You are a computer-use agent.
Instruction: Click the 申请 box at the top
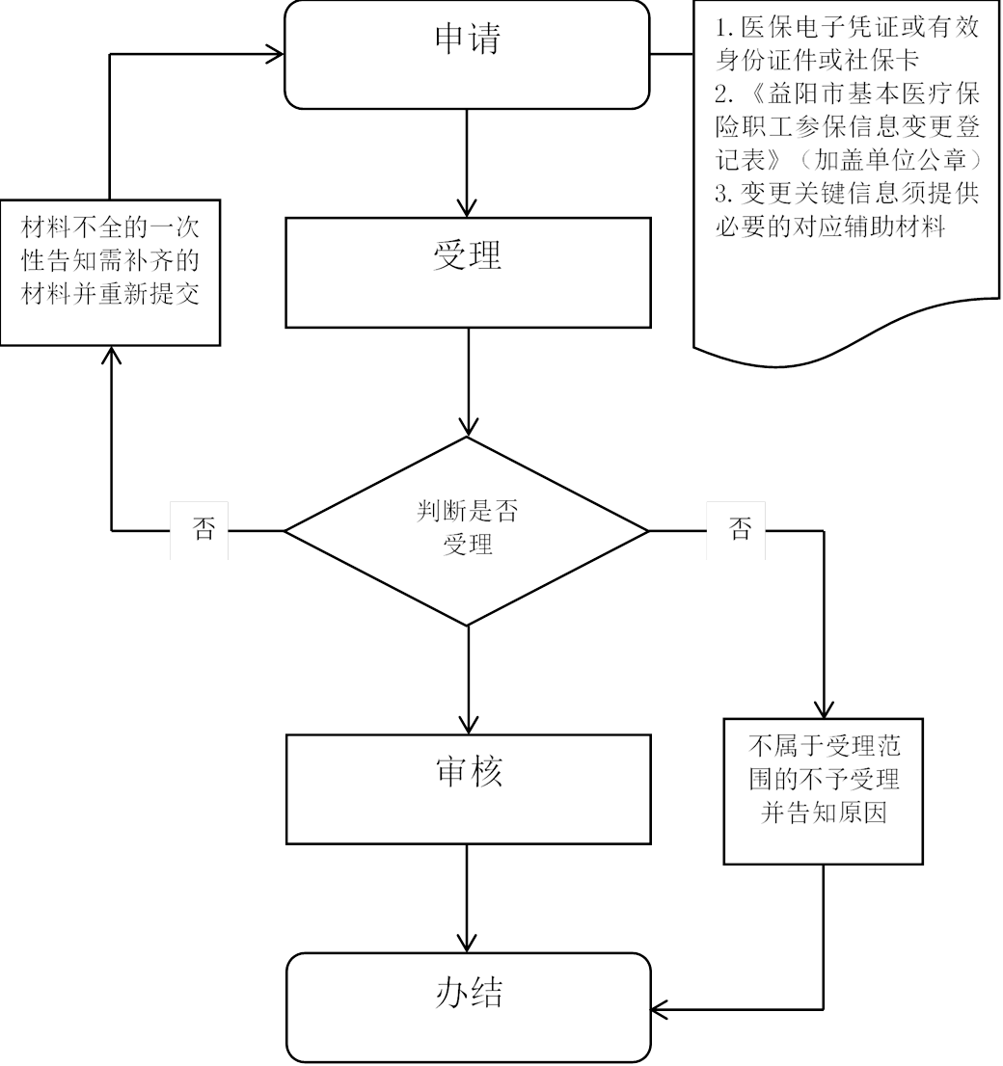click(x=468, y=53)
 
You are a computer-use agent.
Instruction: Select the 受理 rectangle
click(x=468, y=271)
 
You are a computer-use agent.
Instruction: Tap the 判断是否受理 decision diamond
click(x=468, y=530)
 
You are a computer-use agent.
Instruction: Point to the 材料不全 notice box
click(x=111, y=271)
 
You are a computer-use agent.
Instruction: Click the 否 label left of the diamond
click(x=201, y=530)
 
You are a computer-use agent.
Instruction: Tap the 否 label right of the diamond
click(x=739, y=530)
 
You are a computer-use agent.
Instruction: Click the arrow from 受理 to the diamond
click(x=468, y=382)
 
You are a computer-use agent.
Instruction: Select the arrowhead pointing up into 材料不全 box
click(x=111, y=355)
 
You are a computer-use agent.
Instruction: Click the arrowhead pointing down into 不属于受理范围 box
click(x=824, y=708)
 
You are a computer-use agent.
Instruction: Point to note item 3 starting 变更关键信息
click(x=847, y=209)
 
